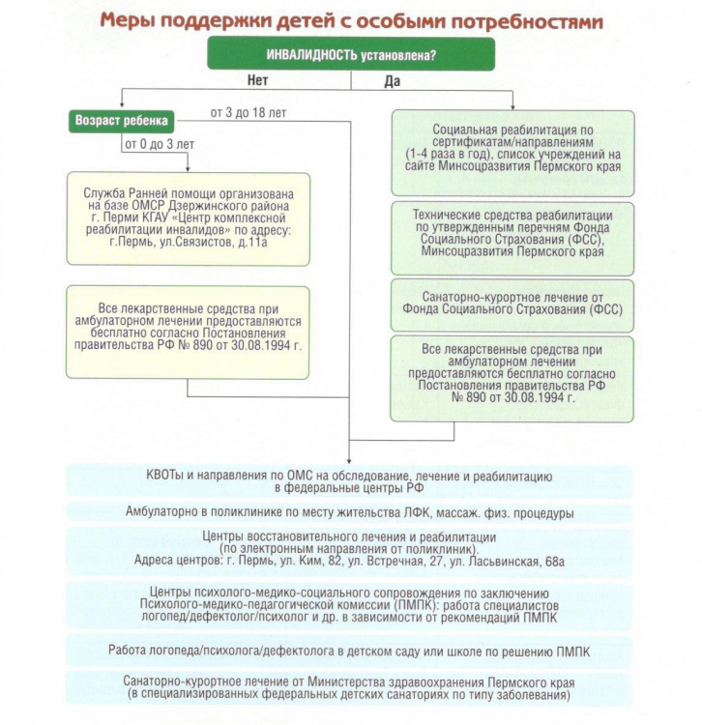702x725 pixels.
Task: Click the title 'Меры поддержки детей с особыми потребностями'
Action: click(350, 19)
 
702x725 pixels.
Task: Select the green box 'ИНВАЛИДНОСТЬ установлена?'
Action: click(350, 55)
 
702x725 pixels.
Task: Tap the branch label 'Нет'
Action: click(257, 81)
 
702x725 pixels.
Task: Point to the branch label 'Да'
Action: click(392, 81)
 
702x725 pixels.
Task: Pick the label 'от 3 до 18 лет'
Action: click(248, 113)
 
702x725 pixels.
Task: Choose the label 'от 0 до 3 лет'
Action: click(159, 145)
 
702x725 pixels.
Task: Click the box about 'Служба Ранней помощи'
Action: click(188, 217)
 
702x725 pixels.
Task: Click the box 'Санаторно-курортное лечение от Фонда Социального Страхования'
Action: click(512, 304)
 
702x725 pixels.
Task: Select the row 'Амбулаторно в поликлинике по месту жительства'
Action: click(349, 512)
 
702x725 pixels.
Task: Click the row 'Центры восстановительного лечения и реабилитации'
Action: click(349, 548)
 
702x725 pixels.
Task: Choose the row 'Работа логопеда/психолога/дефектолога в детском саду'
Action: click(349, 652)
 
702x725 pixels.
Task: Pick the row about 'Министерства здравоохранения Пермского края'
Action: click(349, 688)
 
